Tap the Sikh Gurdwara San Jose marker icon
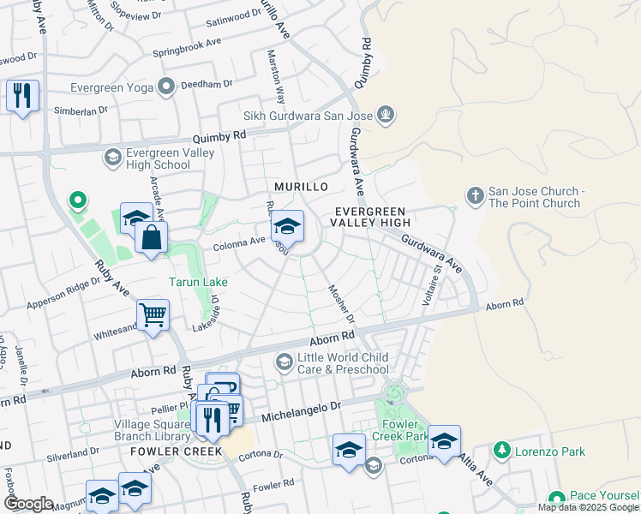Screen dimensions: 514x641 tap(386, 115)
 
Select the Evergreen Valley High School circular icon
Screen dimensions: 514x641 tap(112, 157)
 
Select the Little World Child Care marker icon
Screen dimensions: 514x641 tap(284, 363)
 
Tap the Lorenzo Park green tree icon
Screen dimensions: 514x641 tap(501, 450)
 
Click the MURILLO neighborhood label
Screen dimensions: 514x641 tap(301, 187)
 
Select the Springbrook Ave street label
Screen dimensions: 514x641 tap(187, 47)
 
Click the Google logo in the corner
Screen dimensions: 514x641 tap(27, 504)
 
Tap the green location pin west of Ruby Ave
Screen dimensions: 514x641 tap(78, 201)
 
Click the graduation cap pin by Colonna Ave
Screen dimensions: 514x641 tap(288, 227)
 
